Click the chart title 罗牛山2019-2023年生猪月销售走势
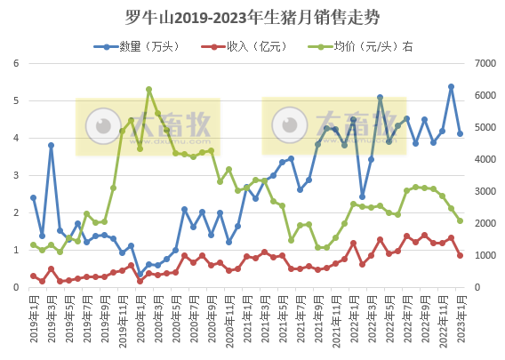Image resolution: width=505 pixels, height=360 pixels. (252, 17)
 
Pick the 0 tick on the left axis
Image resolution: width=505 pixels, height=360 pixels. (16, 287)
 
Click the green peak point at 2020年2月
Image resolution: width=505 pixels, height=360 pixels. (148, 89)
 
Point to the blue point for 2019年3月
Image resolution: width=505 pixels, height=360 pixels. (51, 145)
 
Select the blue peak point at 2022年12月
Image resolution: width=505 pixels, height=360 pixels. (451, 87)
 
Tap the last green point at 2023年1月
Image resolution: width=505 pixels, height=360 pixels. (460, 220)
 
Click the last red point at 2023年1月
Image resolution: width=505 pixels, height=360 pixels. (460, 255)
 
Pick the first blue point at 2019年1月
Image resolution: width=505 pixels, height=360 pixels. (33, 197)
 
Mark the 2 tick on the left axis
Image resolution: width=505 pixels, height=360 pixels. (16, 212)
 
